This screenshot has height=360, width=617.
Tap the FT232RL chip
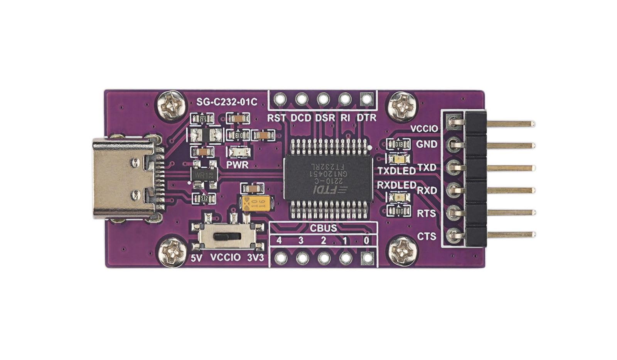tap(328, 178)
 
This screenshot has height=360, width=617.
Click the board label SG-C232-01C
tap(227, 103)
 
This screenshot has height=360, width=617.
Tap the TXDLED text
tap(396, 170)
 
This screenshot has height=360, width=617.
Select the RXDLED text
tap(396, 185)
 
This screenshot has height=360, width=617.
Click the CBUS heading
tap(323, 228)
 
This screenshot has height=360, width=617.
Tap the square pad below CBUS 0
tap(367, 258)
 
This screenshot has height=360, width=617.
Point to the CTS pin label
tap(427, 236)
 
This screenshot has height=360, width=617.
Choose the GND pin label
tap(427, 144)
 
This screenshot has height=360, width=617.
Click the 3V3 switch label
tap(255, 257)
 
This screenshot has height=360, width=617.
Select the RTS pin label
tap(427, 213)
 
